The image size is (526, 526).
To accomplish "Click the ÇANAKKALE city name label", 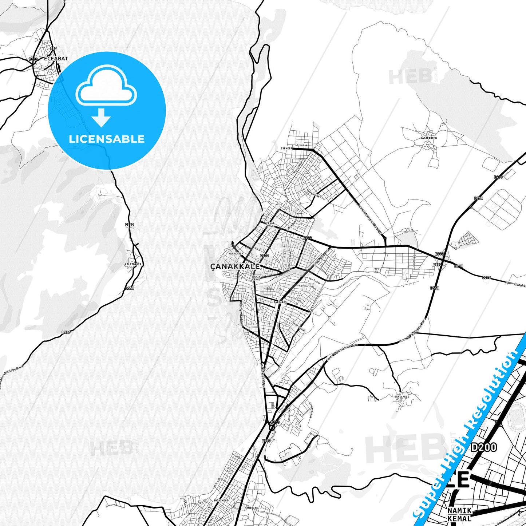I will tap(235, 266).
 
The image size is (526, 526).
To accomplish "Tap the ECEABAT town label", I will tap(56, 58).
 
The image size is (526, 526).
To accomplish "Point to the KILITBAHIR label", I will tap(133, 264).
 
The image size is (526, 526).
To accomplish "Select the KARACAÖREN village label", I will tap(428, 138).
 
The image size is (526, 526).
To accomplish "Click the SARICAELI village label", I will tap(402, 396).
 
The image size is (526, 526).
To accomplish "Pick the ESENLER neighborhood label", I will tap(286, 149).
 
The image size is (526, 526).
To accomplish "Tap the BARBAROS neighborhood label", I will tap(280, 302).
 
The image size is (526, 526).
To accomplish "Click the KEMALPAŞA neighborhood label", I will tap(236, 253).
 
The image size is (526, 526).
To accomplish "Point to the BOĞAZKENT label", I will tap(221, 501).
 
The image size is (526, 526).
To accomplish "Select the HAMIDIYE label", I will tap(251, 507).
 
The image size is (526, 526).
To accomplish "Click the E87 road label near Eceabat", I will tap(54, 49).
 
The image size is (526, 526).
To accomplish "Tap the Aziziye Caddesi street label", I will tap(241, 313).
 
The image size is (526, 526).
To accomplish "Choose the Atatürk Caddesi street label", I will tap(262, 375).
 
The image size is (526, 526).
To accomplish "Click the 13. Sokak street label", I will tap(301, 145).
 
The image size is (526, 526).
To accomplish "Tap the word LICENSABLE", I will tap(107, 139).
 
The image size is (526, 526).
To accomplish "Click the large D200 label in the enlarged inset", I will tap(484, 447).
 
